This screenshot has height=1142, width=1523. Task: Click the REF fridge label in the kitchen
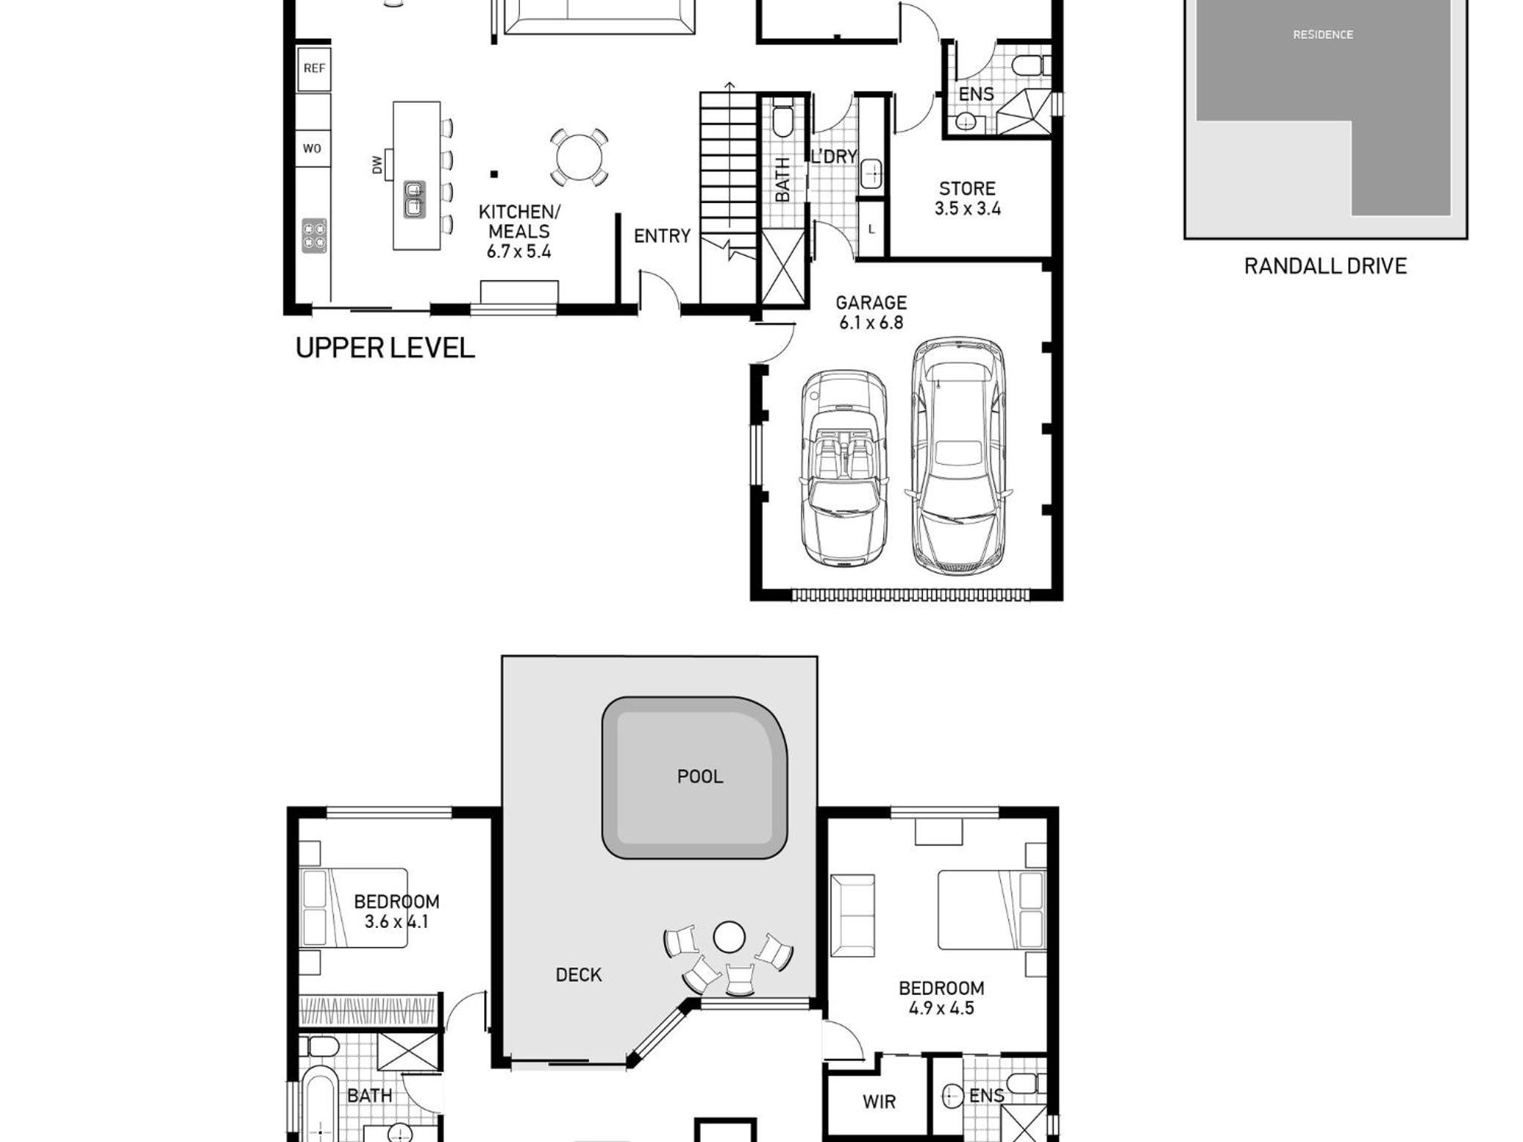314,68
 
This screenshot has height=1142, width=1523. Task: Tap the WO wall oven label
312,149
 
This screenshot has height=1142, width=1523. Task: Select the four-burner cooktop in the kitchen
315,235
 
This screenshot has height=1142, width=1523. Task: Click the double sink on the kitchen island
415,199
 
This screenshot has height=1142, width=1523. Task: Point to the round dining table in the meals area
579,157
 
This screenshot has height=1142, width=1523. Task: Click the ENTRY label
662,236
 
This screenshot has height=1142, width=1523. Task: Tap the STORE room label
967,189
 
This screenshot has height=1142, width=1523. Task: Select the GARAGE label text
871,303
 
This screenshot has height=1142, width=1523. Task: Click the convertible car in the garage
844,468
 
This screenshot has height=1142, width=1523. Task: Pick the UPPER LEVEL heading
384,348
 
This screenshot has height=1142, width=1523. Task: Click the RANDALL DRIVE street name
1325,266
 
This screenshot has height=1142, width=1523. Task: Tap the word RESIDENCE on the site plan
1323,35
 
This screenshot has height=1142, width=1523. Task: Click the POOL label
700,777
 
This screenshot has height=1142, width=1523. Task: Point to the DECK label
579,975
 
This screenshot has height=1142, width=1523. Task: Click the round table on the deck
729,938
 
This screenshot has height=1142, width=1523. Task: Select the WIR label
879,1102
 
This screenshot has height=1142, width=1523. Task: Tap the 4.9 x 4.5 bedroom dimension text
941,1008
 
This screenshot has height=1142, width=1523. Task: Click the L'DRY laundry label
834,156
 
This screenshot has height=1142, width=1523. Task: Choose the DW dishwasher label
377,165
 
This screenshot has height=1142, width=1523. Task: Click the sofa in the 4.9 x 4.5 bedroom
852,916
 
